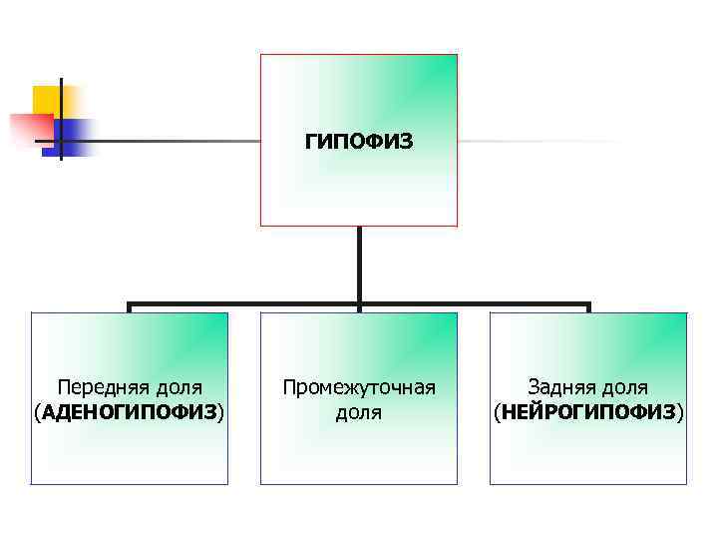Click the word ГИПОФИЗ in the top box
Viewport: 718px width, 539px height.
tap(359, 143)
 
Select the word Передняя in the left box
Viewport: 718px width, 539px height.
tap(100, 387)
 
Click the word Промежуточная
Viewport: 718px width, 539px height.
tap(359, 387)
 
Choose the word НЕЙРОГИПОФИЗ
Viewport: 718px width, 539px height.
tap(588, 411)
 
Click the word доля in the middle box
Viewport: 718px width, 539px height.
tap(359, 411)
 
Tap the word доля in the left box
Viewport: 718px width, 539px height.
tap(175, 387)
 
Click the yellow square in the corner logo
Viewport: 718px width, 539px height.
tap(46, 99)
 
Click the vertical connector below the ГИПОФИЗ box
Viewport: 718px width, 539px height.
tap(359, 265)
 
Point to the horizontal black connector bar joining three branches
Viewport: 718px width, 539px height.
tap(249, 304)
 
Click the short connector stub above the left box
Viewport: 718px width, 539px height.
tap(130, 308)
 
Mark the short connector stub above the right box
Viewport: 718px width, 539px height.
tap(588, 308)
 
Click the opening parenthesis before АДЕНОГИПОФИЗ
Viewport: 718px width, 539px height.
tap(37, 411)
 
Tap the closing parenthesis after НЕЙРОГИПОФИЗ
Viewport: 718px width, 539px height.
tap(681, 411)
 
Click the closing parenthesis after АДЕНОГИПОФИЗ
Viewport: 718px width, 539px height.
tap(221, 411)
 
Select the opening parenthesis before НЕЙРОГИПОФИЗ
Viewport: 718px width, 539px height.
tap(497, 411)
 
